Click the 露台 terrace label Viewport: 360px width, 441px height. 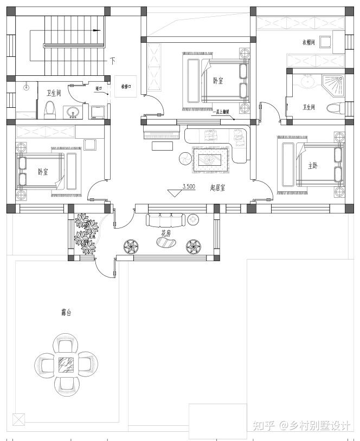pos(66,313)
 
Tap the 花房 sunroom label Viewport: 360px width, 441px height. pos(166,233)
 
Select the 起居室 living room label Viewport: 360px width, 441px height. pos(217,187)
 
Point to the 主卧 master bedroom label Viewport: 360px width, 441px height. pos(313,166)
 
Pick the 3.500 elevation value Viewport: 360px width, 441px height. pos(189,186)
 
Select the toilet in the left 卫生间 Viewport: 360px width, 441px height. pos(50,109)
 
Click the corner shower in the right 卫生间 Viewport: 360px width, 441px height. pos(332,83)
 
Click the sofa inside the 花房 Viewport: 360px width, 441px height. pos(165,219)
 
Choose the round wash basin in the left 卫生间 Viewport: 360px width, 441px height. pos(73,113)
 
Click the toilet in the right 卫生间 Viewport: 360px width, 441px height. pos(335,108)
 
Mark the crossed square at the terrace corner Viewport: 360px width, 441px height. pos(18,419)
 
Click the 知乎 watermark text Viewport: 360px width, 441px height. pos(264,425)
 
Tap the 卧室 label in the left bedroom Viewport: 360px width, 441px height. pos(43,172)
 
